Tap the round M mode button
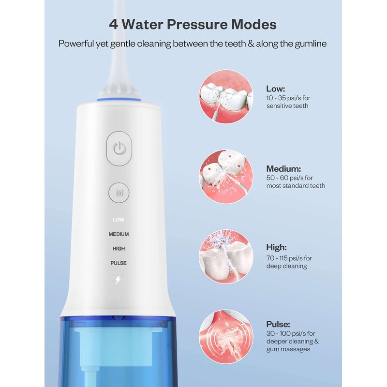[x=119, y=193]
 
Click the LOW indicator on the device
[x=119, y=220]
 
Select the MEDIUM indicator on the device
[x=119, y=234]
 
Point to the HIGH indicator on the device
[x=119, y=249]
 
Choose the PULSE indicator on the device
[x=119, y=263]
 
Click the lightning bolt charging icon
[x=118, y=280]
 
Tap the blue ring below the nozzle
[x=119, y=100]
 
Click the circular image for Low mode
[x=226, y=96]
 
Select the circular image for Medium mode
[x=226, y=177]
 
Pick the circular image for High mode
[x=226, y=257]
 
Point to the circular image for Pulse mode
[x=226, y=337]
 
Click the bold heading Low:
[x=275, y=89]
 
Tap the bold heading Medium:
[x=283, y=169]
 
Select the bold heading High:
[x=276, y=247]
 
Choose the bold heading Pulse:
[x=278, y=324]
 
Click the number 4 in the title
[x=113, y=25]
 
